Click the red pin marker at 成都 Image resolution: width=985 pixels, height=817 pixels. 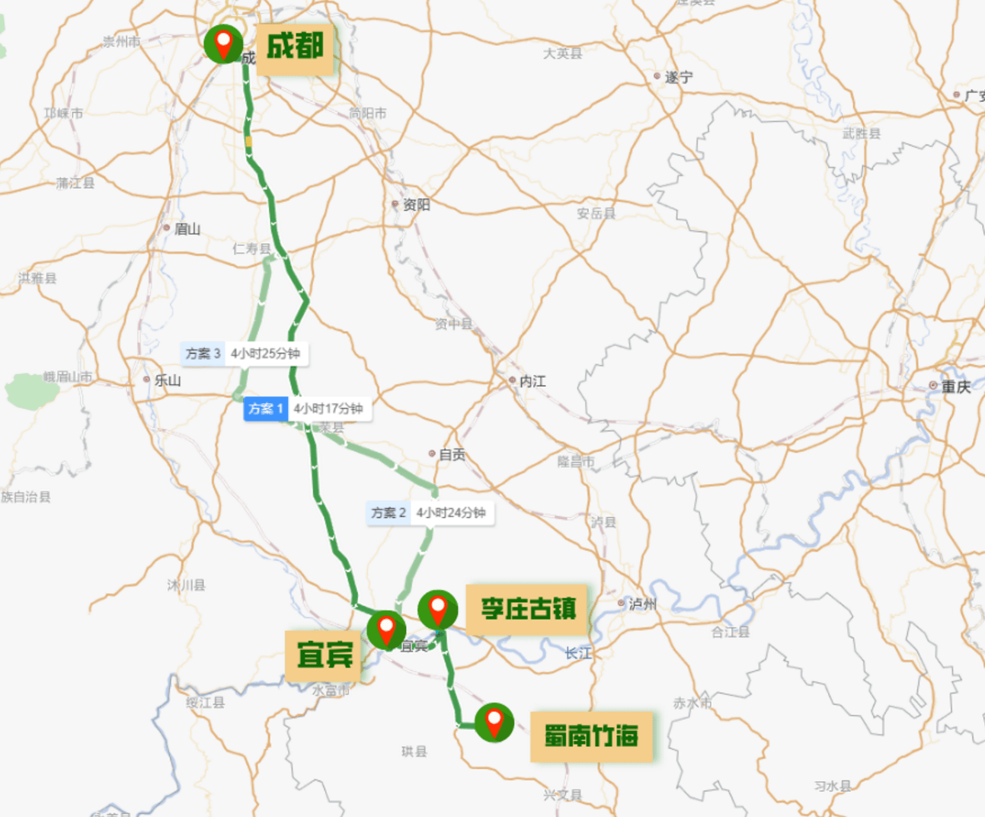[x=223, y=43]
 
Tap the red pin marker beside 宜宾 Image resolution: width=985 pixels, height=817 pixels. [x=386, y=630]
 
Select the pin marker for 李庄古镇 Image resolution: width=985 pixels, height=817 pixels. [x=438, y=610]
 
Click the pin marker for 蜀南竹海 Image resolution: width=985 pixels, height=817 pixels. [x=494, y=722]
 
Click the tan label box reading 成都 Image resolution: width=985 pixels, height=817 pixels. [x=295, y=48]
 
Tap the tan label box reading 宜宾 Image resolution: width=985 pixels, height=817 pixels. [x=325, y=655]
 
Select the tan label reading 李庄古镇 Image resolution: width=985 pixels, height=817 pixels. [x=528, y=609]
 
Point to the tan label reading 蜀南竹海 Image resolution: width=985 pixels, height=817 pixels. [x=591, y=736]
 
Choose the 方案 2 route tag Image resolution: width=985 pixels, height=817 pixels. [x=389, y=513]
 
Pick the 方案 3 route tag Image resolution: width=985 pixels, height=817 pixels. [x=203, y=354]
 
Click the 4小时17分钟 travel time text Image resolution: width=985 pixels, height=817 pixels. [x=328, y=409]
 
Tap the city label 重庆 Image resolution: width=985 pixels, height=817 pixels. [x=955, y=386]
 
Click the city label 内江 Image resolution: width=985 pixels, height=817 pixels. [x=532, y=381]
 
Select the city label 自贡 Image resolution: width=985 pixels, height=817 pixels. [x=452, y=454]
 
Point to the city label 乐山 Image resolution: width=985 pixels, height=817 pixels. [x=167, y=380]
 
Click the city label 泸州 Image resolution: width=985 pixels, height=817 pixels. [x=642, y=604]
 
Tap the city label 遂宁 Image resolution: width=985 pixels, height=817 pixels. [x=678, y=77]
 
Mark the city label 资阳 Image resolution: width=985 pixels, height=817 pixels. [x=416, y=204]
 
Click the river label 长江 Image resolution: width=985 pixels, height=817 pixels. [x=578, y=653]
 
